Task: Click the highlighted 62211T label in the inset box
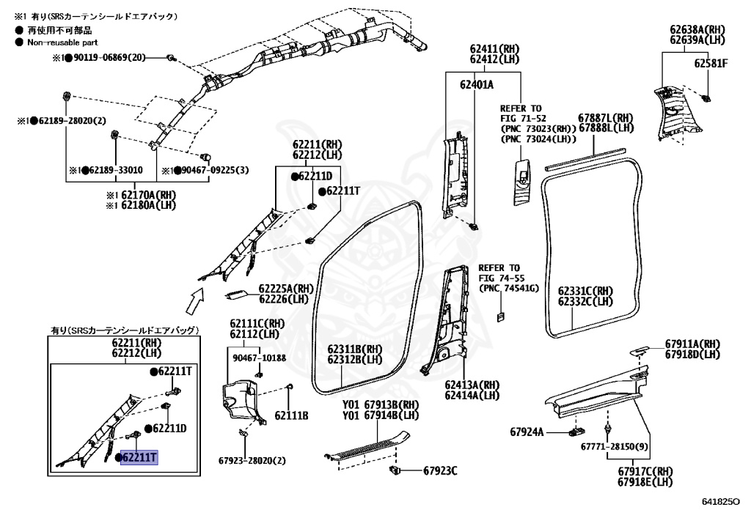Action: click(139, 458)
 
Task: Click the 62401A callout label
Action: click(476, 85)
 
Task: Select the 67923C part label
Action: click(439, 470)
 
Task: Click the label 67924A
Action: click(527, 432)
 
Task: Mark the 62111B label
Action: click(291, 415)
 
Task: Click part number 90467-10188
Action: click(259, 358)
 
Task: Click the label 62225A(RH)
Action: click(285, 289)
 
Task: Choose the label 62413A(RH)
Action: click(472, 385)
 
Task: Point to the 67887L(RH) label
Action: click(605, 117)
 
